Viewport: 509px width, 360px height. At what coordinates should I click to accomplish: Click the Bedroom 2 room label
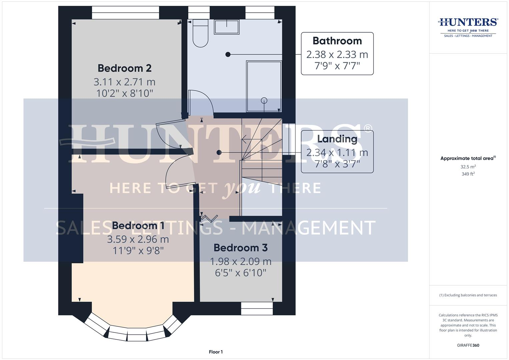point(124,68)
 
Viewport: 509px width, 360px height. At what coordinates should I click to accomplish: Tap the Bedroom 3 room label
point(240,248)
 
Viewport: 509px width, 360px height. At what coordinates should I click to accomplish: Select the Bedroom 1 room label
point(138,226)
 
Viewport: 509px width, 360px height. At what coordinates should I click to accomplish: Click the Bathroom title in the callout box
point(337,41)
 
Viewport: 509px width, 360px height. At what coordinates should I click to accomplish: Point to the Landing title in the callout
point(337,139)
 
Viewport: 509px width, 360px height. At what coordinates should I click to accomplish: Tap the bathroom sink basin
point(227,27)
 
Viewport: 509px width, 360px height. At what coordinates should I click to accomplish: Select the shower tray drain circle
point(264,100)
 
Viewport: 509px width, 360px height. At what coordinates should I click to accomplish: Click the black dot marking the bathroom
point(228,54)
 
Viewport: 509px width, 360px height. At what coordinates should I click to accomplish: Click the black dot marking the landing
point(219,153)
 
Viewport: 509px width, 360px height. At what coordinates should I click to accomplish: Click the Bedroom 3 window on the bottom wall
point(257,308)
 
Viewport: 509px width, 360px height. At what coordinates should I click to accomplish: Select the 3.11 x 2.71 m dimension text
point(124,82)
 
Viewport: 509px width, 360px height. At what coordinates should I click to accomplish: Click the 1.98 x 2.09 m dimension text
point(240,262)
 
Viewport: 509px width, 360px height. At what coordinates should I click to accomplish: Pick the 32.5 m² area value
point(468,167)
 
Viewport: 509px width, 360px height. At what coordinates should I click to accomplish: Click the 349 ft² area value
point(468,174)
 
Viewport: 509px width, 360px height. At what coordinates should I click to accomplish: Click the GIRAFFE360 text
point(468,345)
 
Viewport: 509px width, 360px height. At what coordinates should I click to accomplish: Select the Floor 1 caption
point(216,352)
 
